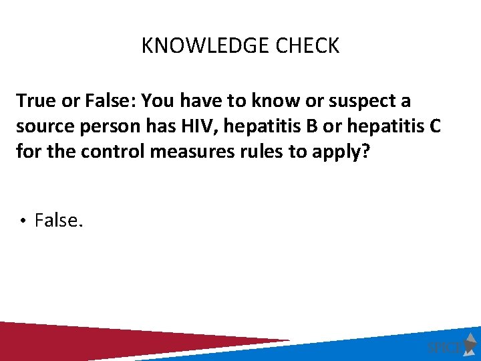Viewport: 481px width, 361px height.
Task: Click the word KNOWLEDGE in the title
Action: click(194, 46)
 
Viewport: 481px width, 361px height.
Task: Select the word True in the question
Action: click(34, 101)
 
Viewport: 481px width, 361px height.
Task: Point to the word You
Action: click(158, 101)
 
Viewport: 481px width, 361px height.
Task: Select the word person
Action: click(108, 126)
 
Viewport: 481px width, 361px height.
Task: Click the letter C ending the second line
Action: click(434, 126)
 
